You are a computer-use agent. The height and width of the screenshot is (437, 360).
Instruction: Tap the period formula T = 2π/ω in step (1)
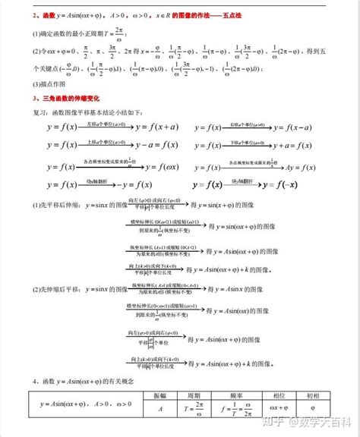(x=114, y=33)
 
